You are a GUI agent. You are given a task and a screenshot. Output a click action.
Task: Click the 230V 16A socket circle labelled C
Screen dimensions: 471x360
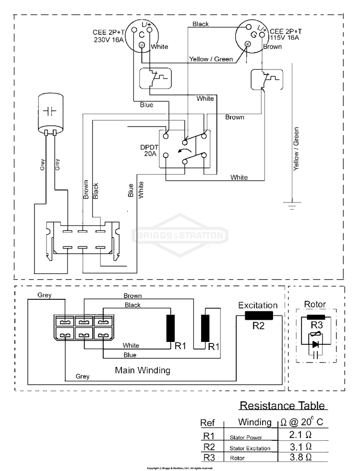[142, 35]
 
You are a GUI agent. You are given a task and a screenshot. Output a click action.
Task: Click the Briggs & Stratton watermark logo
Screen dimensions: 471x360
[180, 235]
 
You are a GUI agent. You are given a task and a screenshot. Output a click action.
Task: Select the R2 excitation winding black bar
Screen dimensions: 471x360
[259, 315]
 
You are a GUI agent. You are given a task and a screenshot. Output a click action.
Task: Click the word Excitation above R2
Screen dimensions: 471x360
[258, 305]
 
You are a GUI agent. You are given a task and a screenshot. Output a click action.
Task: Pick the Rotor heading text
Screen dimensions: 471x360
[315, 304]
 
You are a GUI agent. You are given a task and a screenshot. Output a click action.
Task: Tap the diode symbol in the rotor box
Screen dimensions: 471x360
[315, 344]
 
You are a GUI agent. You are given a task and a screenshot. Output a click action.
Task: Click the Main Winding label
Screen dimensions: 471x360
[142, 370]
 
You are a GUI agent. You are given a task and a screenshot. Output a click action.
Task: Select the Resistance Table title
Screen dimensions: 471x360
[282, 405]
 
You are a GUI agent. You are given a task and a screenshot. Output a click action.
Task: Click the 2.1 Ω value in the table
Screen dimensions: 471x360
[301, 435]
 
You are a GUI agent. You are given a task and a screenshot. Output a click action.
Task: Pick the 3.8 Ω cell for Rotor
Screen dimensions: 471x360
[301, 457]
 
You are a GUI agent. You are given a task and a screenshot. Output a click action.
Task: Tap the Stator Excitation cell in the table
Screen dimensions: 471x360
[250, 448]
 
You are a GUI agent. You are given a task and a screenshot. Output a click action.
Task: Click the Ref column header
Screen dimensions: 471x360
[207, 423]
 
